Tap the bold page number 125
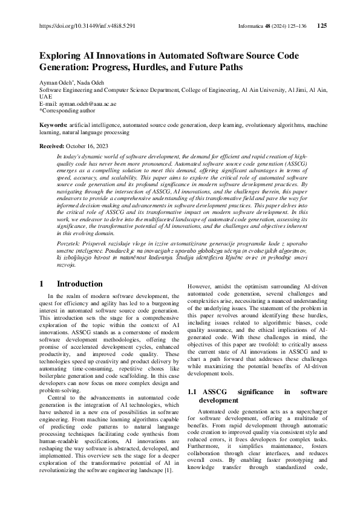point(322,26)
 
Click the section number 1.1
point(194,392)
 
